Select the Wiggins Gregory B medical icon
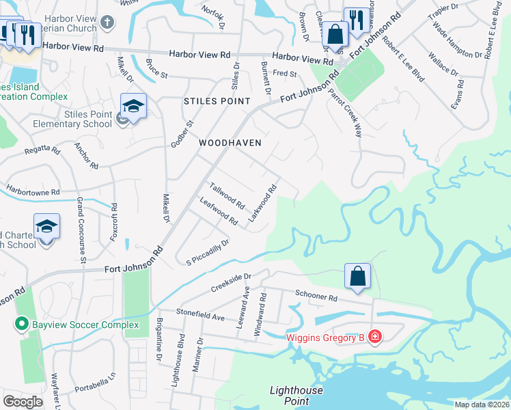374,336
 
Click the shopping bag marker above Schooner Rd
357,276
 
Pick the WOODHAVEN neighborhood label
230,143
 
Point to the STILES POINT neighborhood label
212,101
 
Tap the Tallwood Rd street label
227,195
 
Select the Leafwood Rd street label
218,211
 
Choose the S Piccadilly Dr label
206,253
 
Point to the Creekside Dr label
231,282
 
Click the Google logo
23,402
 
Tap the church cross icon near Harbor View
106,23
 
